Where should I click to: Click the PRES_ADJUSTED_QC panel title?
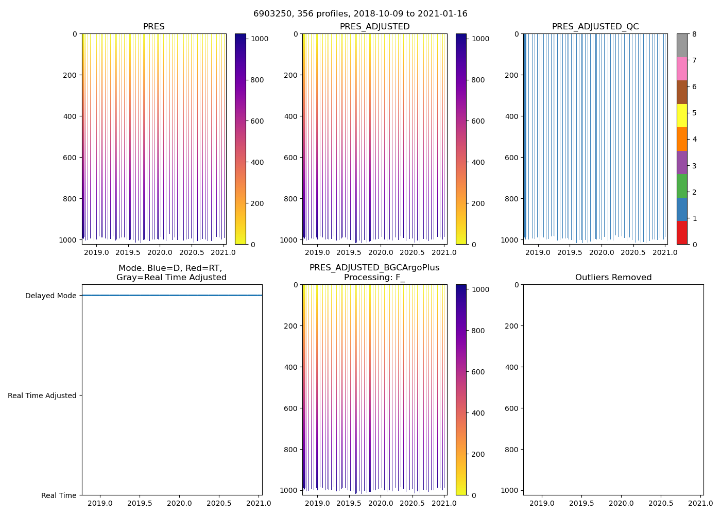point(595,27)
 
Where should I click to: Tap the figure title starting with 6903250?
point(360,14)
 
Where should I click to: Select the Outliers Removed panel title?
point(613,278)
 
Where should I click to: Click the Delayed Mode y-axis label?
point(50,296)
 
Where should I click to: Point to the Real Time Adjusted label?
point(42,396)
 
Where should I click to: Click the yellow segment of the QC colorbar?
point(681,115)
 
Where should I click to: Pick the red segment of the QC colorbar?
point(681,233)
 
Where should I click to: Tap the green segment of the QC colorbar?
point(681,186)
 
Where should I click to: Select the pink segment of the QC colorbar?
point(681,68)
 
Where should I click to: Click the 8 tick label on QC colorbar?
point(694,34)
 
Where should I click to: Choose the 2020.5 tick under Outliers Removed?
point(661,503)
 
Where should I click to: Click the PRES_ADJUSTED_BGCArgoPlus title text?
point(374,268)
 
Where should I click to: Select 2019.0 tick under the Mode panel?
point(100,503)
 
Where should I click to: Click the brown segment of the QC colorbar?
point(681,92)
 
